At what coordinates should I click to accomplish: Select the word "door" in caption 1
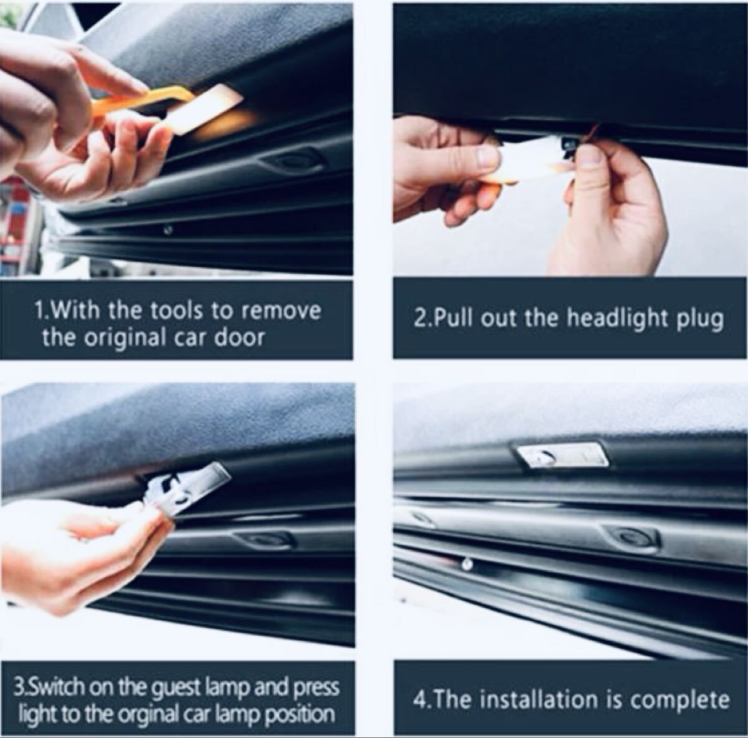[x=239, y=337]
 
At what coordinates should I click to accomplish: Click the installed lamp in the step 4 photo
[x=563, y=456]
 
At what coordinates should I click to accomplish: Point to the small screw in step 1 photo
[x=168, y=230]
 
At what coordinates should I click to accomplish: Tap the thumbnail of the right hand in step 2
[x=590, y=157]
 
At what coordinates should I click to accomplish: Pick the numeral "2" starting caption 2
[x=420, y=320]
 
